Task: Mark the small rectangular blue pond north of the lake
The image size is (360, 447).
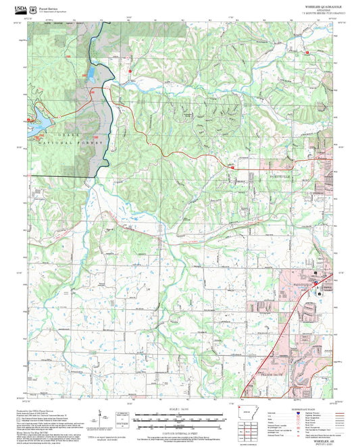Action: [x=88, y=72]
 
